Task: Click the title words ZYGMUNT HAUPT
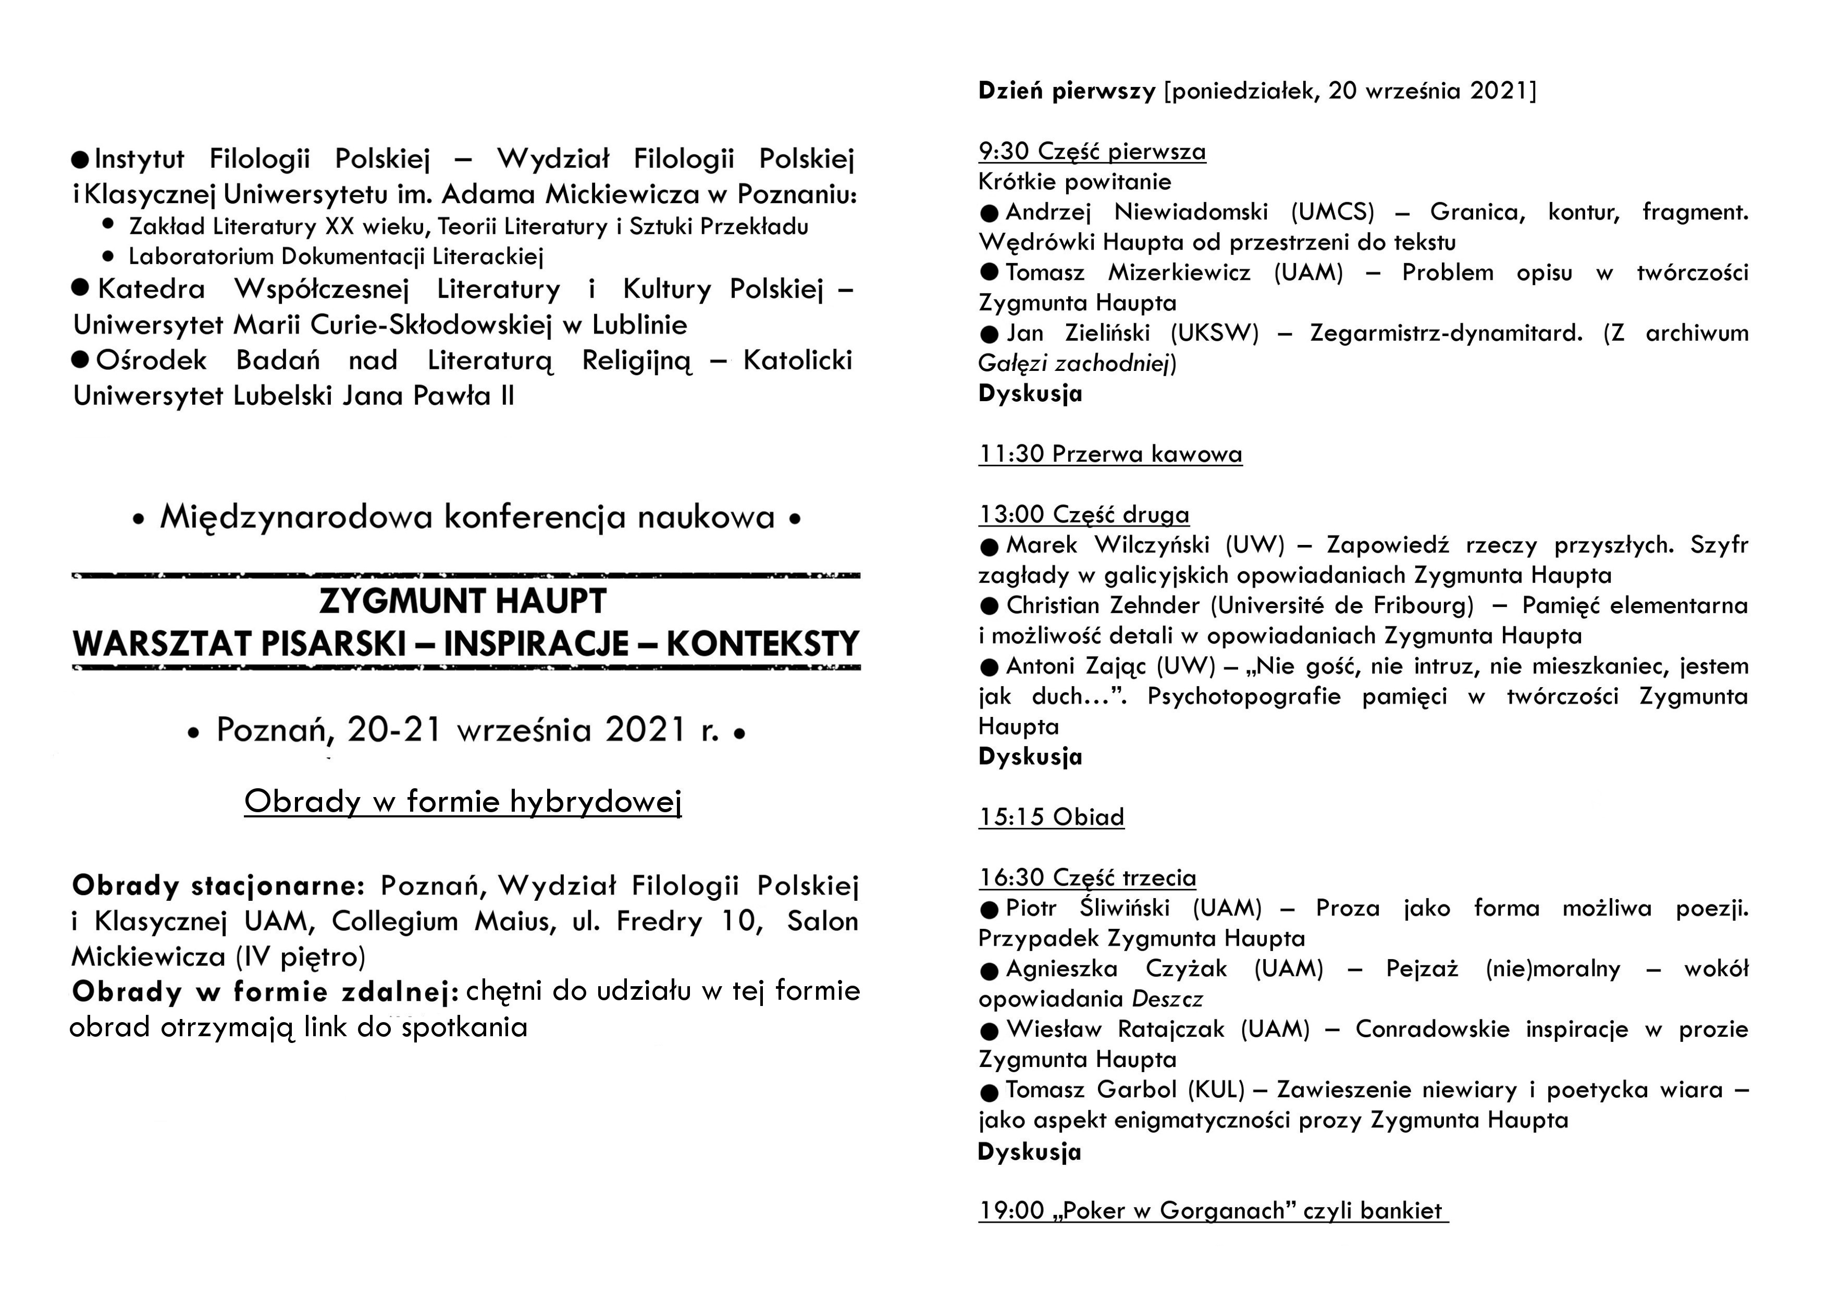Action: pyautogui.click(x=463, y=602)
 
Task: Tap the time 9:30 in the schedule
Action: pyautogui.click(x=1003, y=151)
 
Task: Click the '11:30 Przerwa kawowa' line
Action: pyautogui.click(x=1110, y=454)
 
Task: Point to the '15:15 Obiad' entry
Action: pyautogui.click(x=1051, y=817)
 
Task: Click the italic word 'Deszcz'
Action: pyautogui.click(x=1167, y=999)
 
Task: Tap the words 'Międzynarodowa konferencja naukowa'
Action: pyautogui.click(x=467, y=517)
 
